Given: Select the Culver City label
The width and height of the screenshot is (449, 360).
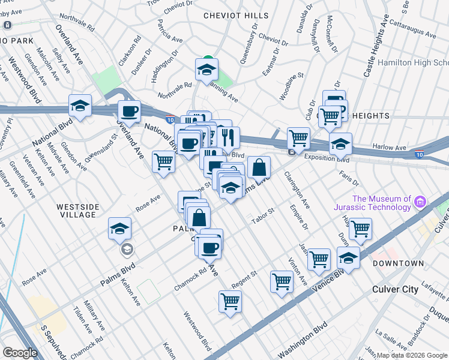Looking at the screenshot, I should (x=395, y=289).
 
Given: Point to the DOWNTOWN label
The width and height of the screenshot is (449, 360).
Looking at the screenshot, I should (x=397, y=263).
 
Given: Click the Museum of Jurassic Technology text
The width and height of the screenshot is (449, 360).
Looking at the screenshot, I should (x=381, y=203).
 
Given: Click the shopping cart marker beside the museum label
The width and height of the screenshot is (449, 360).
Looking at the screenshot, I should (x=360, y=228).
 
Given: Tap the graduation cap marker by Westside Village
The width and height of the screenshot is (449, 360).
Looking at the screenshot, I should (x=119, y=228).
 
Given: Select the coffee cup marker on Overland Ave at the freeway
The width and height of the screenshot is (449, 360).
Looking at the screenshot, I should (x=129, y=110).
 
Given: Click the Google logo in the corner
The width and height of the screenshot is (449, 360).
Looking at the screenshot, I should (x=20, y=353).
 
